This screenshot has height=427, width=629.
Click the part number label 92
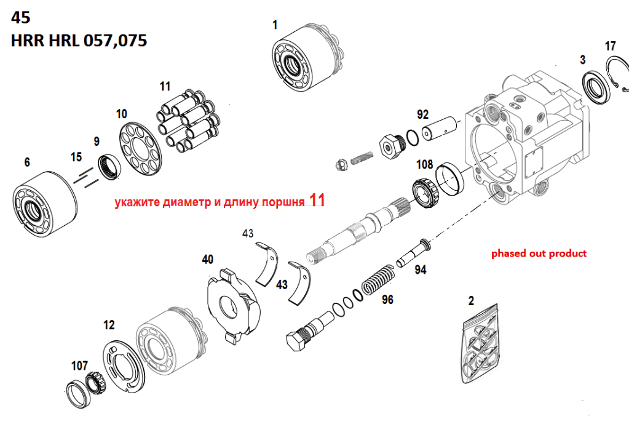422,114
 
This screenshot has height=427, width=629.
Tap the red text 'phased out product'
539,253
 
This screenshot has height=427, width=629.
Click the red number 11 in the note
317,201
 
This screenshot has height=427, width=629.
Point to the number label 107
79,365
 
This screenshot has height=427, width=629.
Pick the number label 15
76,157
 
